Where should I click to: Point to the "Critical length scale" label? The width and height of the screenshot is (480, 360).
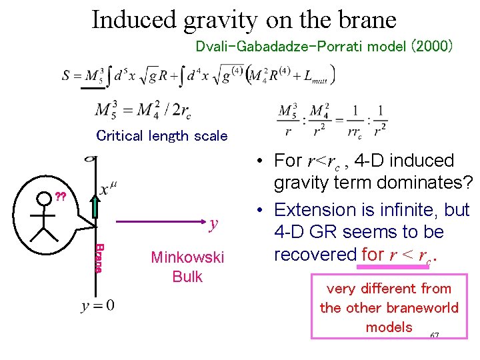tap(162, 136)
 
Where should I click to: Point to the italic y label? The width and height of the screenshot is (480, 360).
tap(213, 224)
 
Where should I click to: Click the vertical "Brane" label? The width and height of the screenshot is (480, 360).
tap(99, 258)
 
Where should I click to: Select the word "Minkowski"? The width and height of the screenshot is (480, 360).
tap(187, 257)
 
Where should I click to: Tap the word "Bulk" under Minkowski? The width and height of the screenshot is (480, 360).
tap(187, 277)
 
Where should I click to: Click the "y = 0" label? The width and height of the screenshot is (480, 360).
tap(97, 306)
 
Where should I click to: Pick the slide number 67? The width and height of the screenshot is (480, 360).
tap(434, 335)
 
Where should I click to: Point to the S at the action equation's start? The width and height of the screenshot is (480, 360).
tap(67, 75)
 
